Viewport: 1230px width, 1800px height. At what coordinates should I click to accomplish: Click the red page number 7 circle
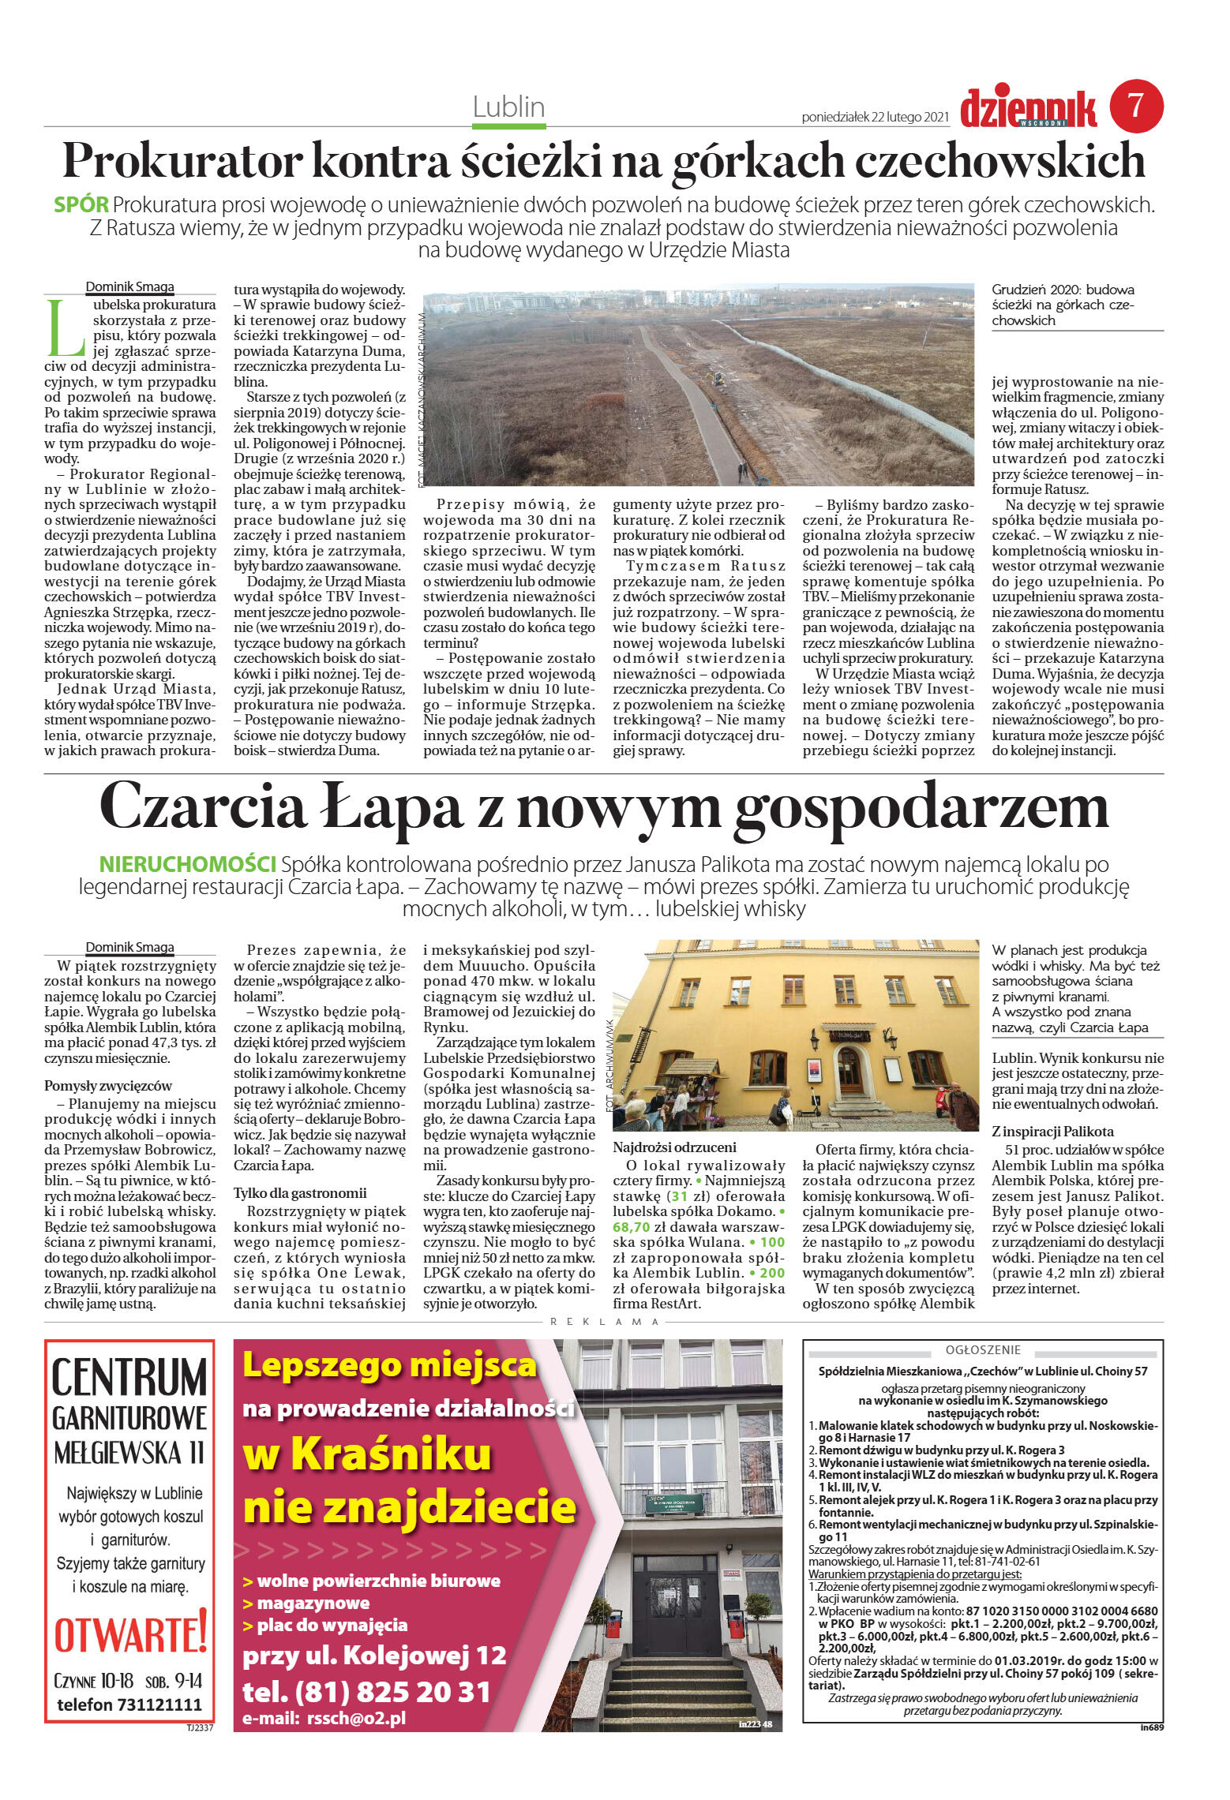(x=1136, y=106)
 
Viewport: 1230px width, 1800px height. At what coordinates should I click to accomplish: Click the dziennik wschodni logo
(x=1028, y=108)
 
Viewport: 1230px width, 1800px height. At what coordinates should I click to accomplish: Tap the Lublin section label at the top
(x=508, y=107)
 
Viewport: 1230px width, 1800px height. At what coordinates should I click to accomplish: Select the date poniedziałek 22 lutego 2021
(x=875, y=118)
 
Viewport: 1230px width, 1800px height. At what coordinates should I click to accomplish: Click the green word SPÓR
(x=81, y=205)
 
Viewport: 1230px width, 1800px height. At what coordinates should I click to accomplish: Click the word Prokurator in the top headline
(x=182, y=161)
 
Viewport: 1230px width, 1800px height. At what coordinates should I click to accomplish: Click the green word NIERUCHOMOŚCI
(x=187, y=864)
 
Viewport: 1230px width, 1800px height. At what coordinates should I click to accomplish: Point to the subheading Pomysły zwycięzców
(x=108, y=1086)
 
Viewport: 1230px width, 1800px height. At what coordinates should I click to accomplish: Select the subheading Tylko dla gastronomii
(x=299, y=1193)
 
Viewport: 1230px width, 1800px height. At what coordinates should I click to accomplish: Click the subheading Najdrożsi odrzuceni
(x=674, y=1147)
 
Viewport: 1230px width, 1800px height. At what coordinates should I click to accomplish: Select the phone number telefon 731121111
(x=129, y=1705)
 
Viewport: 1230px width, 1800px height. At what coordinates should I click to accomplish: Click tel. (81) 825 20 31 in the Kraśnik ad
(x=366, y=1692)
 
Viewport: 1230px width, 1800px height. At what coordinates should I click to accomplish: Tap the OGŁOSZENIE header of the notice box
(x=983, y=1350)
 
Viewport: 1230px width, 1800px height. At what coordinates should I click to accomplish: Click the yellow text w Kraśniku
(x=367, y=1454)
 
